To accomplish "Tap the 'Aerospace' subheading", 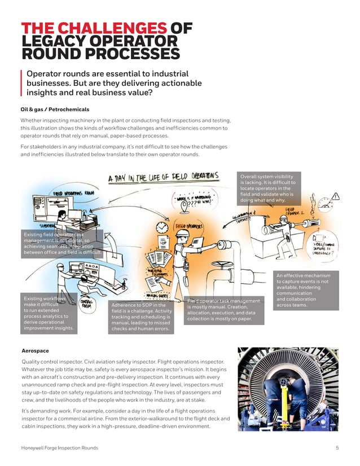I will click(x=35, y=350).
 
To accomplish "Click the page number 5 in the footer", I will click(x=337, y=447).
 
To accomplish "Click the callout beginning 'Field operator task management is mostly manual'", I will click(x=225, y=310).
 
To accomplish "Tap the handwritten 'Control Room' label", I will click(x=86, y=304).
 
